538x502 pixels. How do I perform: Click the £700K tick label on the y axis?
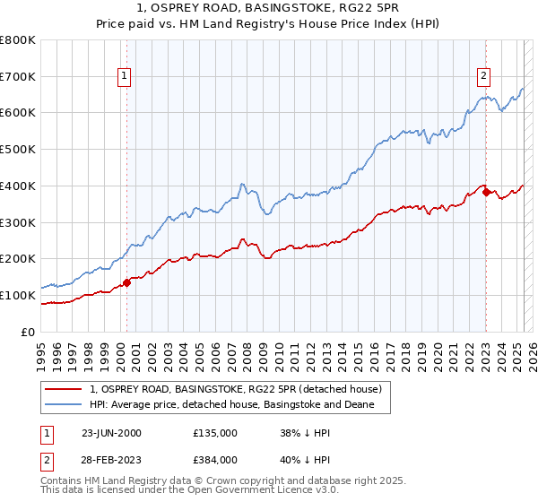pos(18,77)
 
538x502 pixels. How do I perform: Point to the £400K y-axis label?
pos(18,186)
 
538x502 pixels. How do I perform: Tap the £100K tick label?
pos(18,295)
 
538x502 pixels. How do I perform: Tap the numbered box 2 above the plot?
pos(483,76)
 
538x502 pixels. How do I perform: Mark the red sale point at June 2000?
pos(126,282)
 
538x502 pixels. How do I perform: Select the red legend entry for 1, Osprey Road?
pos(236,389)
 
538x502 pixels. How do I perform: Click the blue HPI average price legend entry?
pos(239,405)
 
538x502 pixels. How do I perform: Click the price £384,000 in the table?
pos(214,459)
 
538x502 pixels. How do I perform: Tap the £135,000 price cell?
pos(214,433)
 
